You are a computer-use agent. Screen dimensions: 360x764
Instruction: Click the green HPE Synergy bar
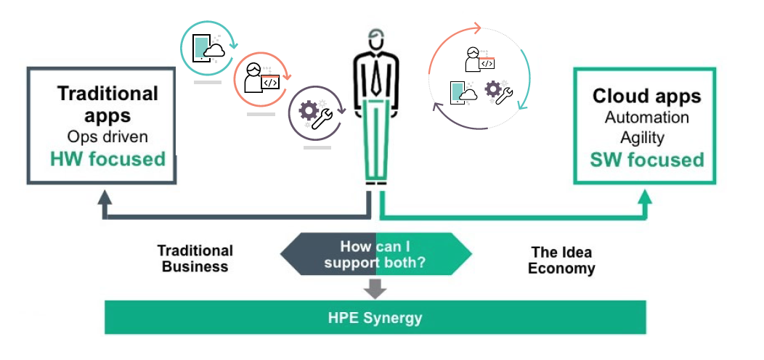375,318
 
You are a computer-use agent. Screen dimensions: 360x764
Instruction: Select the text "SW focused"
646,159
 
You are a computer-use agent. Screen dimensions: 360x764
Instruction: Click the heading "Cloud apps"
646,97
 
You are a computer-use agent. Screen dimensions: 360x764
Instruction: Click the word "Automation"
646,117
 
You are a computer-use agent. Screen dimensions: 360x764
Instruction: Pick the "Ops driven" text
107,136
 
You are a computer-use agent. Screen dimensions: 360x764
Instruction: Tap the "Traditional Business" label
195,258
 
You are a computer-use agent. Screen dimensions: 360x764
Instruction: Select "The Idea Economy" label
561,260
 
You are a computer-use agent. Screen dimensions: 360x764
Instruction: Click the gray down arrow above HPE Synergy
375,288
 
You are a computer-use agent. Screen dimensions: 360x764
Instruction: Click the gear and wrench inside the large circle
498,91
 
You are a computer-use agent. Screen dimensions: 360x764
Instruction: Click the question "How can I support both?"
375,254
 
